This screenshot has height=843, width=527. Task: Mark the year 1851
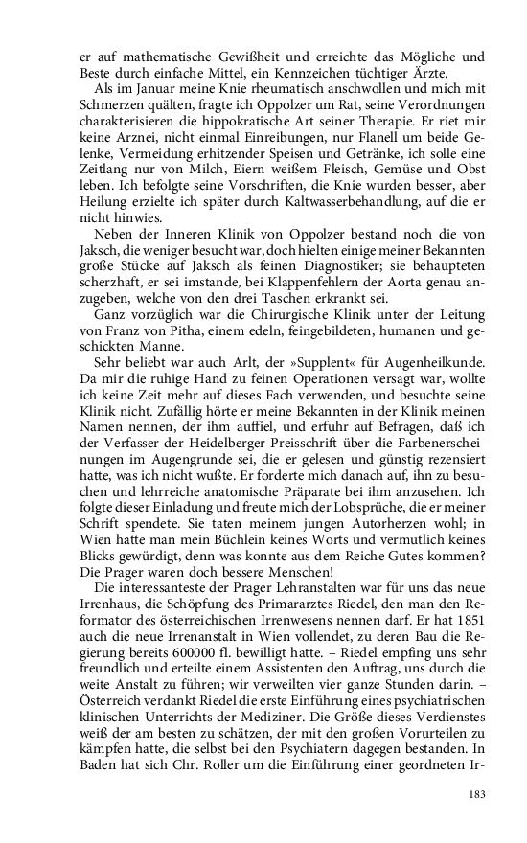pos(461,624)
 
